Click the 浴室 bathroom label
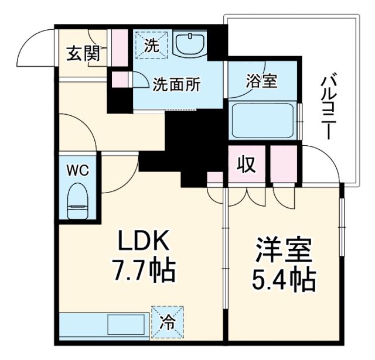[261, 81]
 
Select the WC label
[77, 170]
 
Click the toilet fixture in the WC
[77, 200]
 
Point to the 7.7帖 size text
[144, 270]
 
